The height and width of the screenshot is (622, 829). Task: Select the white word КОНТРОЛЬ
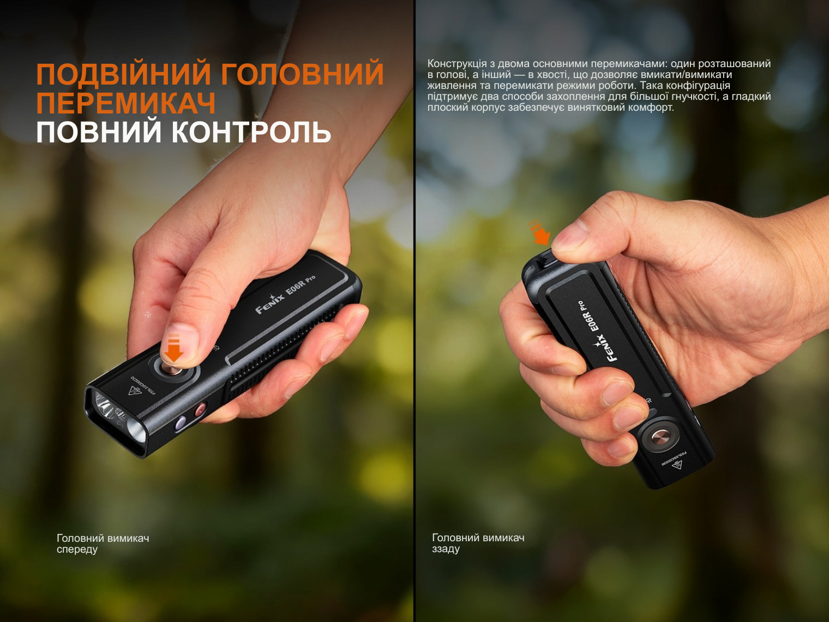point(251,132)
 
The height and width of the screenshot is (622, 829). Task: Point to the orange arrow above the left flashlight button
point(174,349)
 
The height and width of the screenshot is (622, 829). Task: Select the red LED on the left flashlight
point(200,409)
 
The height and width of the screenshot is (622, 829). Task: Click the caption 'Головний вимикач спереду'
point(103,543)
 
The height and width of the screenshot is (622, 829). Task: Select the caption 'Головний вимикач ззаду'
point(478,543)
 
